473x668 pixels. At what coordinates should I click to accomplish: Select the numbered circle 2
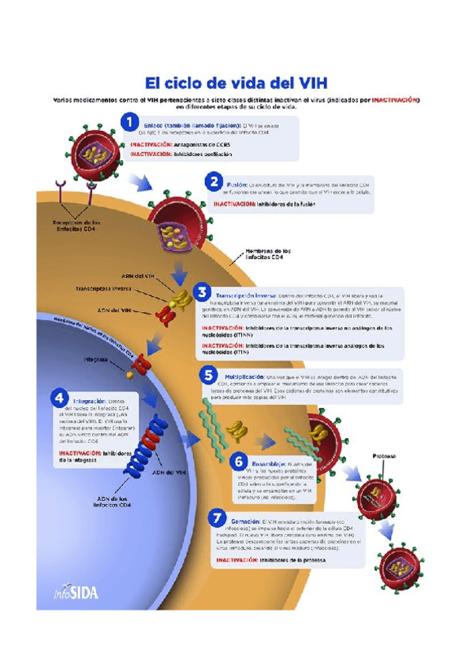point(214,182)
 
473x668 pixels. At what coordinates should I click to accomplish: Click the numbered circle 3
point(202,293)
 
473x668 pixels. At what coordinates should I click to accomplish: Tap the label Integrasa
point(96,359)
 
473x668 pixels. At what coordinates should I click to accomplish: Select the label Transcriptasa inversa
point(105,289)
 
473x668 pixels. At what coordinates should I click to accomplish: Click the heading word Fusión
point(237,180)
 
